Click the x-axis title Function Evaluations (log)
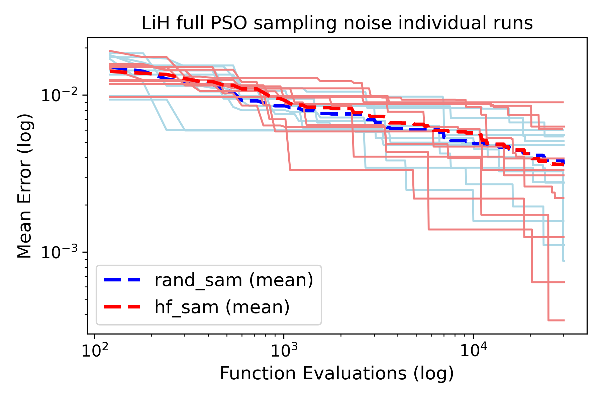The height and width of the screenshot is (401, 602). coord(337,373)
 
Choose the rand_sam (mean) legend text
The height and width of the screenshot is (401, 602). coord(234,280)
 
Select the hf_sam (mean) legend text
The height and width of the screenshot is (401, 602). coord(222,307)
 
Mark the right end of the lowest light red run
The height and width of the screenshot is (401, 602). coord(564,320)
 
